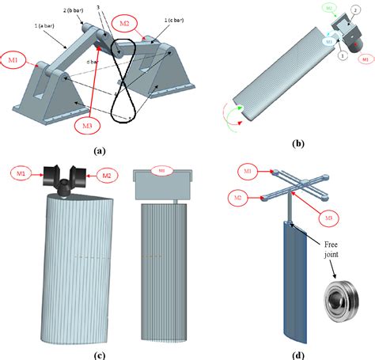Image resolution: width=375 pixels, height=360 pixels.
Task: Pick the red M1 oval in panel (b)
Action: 365,59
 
